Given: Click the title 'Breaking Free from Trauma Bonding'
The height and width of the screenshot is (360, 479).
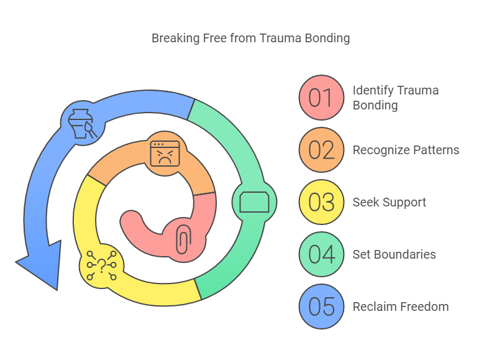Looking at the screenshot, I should tap(250, 39).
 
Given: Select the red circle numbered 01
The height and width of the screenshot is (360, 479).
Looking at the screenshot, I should tap(321, 98).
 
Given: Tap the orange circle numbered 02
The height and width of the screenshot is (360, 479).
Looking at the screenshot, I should tap(321, 150).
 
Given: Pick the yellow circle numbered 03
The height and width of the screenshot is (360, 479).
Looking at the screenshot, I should tap(321, 202).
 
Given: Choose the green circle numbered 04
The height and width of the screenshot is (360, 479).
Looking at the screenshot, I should tap(321, 254).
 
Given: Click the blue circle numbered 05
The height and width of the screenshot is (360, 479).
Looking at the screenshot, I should tap(321, 307).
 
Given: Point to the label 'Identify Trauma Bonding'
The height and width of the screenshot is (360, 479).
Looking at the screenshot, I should tap(395, 98).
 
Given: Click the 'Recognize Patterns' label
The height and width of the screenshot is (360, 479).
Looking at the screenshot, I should tap(406, 150).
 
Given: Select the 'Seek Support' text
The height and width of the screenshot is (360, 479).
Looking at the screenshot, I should tap(389, 202).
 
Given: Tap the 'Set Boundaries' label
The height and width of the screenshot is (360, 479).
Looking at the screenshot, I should tap(394, 254).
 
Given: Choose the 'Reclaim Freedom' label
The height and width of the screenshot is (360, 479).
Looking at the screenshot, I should tap(400, 307).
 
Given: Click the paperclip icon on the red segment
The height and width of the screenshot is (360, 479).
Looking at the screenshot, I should tap(183, 239).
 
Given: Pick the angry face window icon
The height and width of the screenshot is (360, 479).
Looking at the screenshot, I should tap(165, 153).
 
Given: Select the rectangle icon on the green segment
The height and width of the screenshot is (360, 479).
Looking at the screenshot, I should tap(254, 202).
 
